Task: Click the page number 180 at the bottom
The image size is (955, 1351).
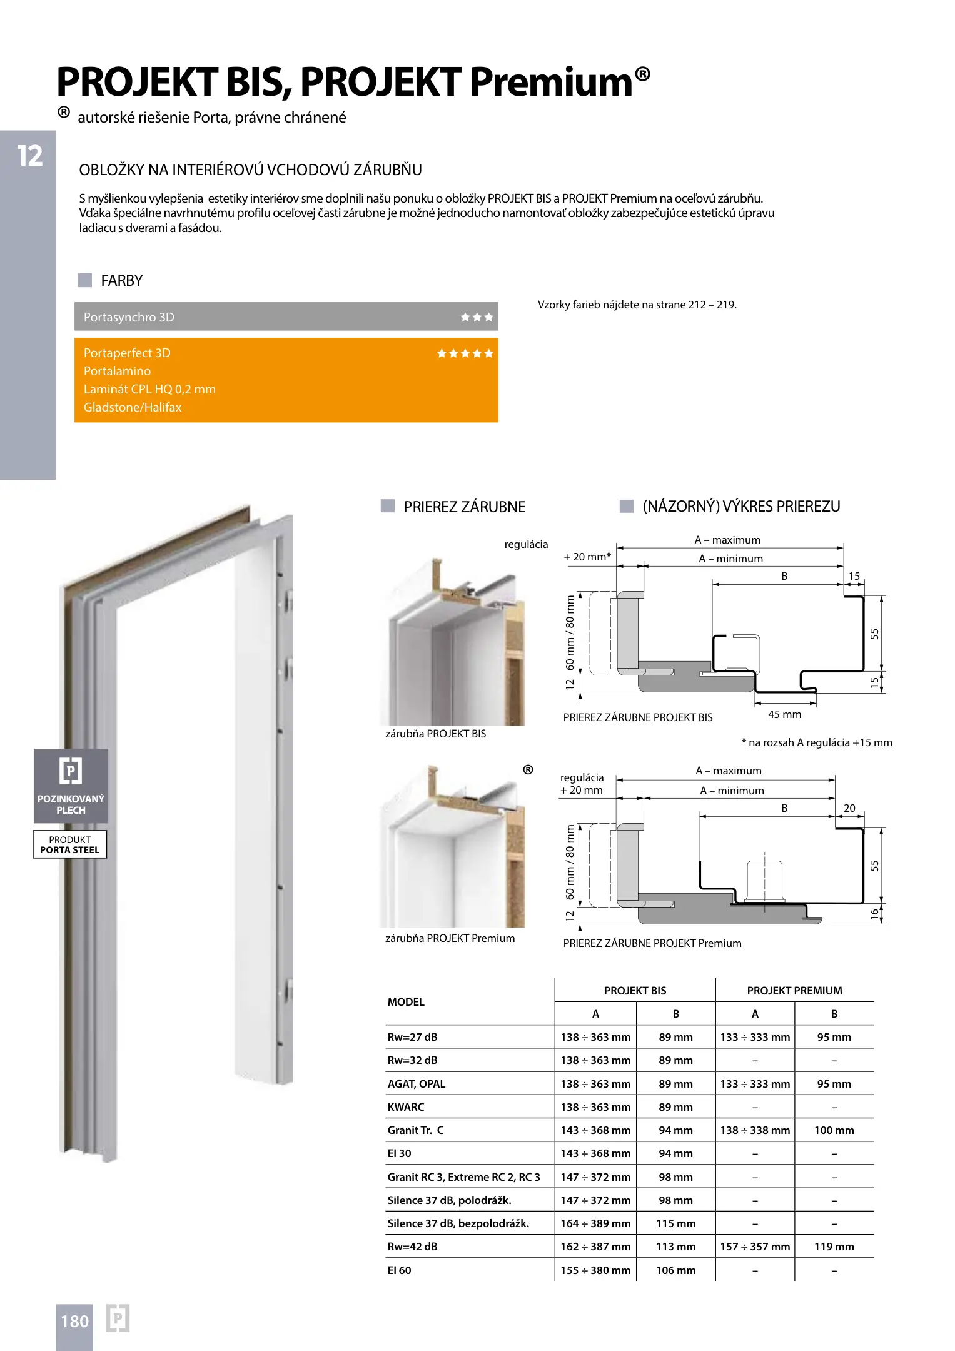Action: click(74, 1322)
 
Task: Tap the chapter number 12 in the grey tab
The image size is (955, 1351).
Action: click(29, 156)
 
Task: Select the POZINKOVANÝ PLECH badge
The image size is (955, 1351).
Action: click(71, 786)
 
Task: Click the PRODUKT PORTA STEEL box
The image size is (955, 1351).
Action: click(69, 844)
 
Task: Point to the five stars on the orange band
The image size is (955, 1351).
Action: click(465, 353)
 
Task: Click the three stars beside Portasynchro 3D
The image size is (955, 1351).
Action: click(477, 317)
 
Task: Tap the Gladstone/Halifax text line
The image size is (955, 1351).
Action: click(133, 407)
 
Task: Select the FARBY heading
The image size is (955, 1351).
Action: click(122, 281)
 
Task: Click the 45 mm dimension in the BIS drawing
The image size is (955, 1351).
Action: click(784, 714)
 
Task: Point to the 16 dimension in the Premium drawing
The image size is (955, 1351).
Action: click(874, 914)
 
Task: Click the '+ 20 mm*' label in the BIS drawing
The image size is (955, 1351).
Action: click(587, 557)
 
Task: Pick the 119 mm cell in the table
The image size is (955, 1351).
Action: click(834, 1247)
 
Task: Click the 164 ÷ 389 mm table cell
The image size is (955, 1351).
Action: click(595, 1223)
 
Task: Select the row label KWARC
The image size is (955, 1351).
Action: click(406, 1107)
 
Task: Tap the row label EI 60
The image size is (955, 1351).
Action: click(399, 1270)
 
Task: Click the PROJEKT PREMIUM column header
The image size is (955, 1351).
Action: click(794, 991)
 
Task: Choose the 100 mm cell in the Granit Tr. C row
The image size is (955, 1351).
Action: click(834, 1130)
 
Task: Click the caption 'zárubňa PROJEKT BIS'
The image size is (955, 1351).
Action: click(435, 734)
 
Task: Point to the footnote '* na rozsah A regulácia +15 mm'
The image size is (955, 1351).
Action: click(817, 742)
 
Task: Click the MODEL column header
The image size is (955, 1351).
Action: click(406, 1002)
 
